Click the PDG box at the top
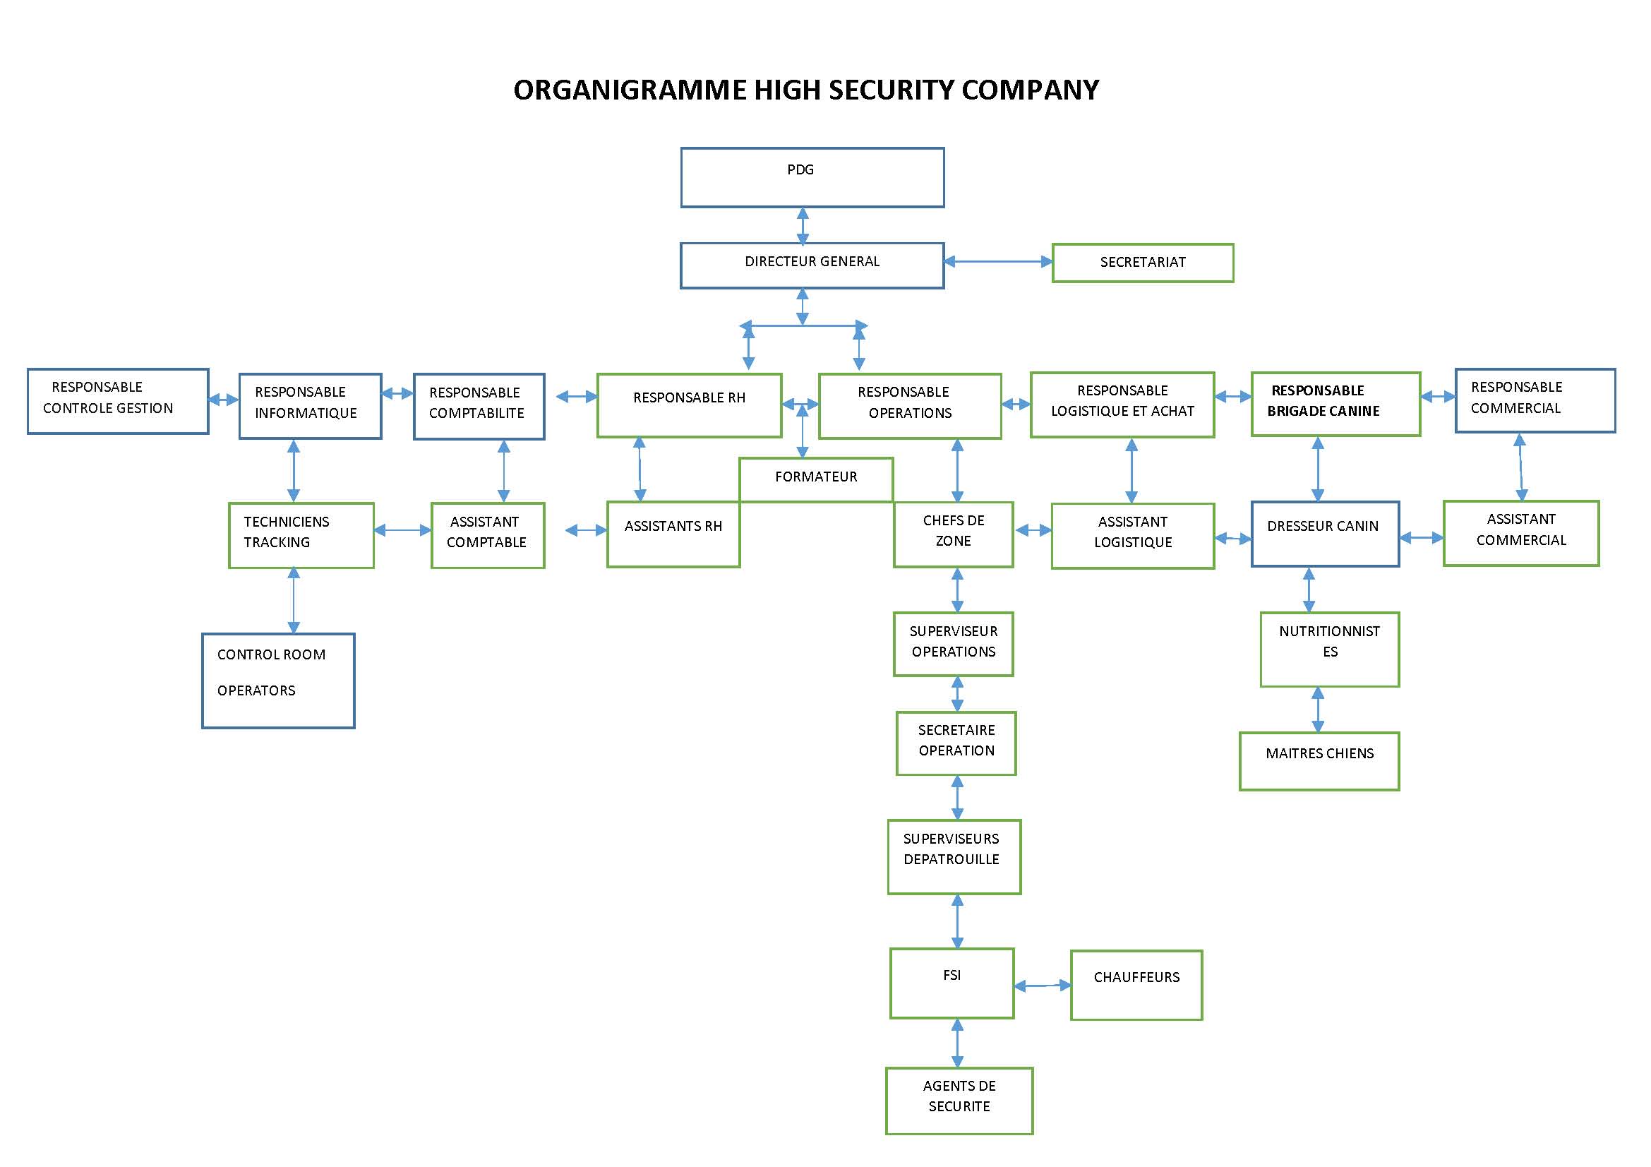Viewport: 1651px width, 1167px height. [812, 178]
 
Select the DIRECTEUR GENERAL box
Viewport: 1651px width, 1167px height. [812, 265]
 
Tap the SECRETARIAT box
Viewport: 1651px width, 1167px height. [1142, 263]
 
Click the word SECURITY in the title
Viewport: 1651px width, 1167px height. [891, 90]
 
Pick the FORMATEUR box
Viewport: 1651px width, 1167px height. [815, 478]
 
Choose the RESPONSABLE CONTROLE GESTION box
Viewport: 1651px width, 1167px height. [118, 401]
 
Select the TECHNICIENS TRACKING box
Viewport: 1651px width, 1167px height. [301, 535]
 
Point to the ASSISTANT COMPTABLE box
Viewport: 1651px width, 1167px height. [488, 535]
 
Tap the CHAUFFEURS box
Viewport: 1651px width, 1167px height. [1136, 984]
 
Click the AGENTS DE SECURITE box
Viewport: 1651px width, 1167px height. [959, 1100]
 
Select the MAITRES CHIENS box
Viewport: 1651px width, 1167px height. [1319, 761]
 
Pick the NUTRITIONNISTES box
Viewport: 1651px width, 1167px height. [1329, 649]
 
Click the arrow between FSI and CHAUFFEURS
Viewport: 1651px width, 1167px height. [1042, 985]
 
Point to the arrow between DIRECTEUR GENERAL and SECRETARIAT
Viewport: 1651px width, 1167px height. [997, 262]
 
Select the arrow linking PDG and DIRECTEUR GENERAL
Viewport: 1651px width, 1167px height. [803, 226]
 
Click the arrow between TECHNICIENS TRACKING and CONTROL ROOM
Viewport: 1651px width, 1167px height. [294, 600]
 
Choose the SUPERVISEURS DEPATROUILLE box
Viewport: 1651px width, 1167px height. [954, 856]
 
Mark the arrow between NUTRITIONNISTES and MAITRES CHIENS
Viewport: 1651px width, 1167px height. [1317, 709]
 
